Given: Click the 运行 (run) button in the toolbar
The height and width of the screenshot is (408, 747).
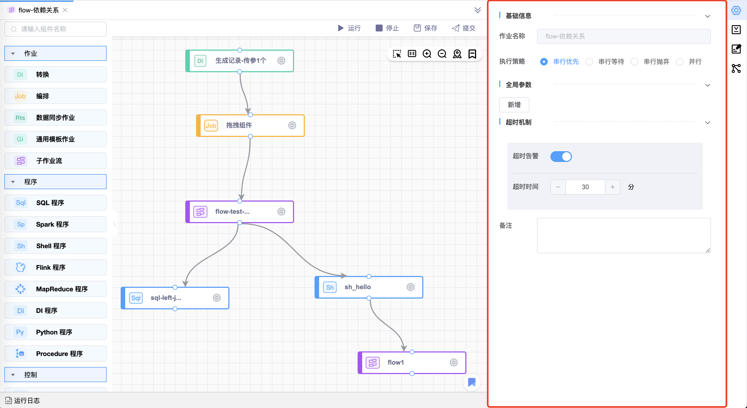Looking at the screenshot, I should [x=349, y=28].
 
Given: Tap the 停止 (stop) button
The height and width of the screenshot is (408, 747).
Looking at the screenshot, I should [x=387, y=28].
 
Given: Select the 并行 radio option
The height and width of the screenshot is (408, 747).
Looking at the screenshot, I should [x=679, y=61].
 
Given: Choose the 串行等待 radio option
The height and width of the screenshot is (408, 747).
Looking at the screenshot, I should [x=589, y=61].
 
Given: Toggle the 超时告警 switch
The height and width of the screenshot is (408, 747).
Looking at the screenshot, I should [x=561, y=156].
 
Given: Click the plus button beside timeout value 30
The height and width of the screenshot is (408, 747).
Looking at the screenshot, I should [x=612, y=187].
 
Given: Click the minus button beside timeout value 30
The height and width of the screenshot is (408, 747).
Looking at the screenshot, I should [x=558, y=187].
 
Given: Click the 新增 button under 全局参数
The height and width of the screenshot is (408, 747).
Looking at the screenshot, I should [x=514, y=105].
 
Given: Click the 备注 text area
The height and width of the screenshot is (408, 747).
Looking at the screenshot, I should [x=623, y=235].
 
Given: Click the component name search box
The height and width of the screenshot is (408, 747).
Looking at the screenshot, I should [x=55, y=29].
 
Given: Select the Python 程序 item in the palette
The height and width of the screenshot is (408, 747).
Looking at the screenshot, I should [x=55, y=332].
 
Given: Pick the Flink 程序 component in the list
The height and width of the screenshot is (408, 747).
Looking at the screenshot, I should [x=55, y=267].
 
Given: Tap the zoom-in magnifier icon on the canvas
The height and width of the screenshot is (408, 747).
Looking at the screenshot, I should [x=427, y=54].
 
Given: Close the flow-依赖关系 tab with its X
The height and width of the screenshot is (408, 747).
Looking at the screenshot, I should [x=65, y=10].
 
